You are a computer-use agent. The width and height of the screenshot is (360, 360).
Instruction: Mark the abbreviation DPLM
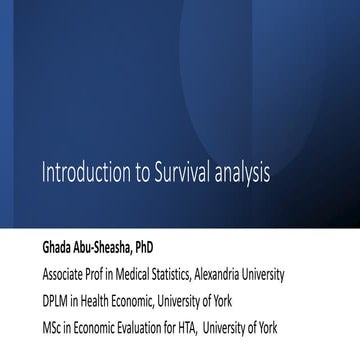point(56,298)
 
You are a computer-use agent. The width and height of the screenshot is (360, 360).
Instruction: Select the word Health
point(100,298)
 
